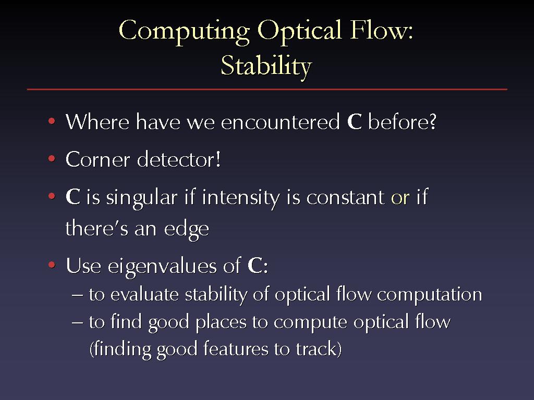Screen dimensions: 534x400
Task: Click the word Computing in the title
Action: click(184, 32)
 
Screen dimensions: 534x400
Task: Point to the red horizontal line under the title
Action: click(267, 90)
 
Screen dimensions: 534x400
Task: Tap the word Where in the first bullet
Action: click(98, 121)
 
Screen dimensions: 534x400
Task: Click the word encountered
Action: click(280, 122)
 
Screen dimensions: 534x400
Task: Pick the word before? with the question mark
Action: click(402, 121)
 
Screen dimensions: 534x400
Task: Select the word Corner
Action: click(98, 159)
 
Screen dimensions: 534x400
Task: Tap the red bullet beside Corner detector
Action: click(52, 158)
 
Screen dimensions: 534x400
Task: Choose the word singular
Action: click(142, 198)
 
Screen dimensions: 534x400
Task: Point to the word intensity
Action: click(241, 198)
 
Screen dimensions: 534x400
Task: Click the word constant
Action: click(345, 198)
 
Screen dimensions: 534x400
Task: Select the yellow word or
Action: click(400, 198)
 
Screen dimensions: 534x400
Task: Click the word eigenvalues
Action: click(162, 266)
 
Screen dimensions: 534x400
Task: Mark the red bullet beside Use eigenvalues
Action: click(52, 265)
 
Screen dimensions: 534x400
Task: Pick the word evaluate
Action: click(145, 295)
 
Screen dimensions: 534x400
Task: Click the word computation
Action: click(430, 295)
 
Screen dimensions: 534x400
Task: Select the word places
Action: click(221, 322)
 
